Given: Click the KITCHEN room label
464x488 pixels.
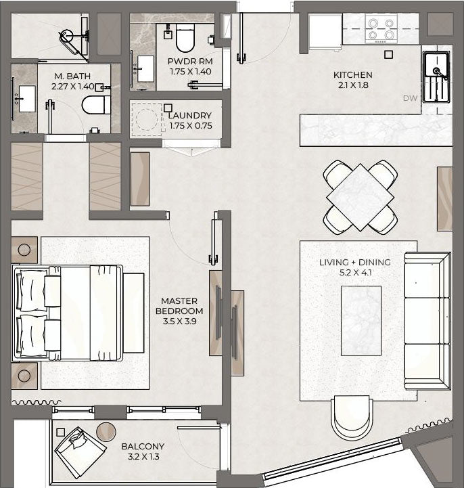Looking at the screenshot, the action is click(352, 74).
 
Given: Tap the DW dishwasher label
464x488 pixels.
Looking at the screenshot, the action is click(410, 98).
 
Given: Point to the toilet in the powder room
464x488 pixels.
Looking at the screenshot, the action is click(185, 38).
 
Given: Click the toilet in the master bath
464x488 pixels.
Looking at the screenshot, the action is click(96, 105).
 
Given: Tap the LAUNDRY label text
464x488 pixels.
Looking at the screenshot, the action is click(190, 116).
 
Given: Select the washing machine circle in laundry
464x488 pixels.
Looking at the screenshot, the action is click(147, 120).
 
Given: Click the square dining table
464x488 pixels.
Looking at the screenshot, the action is click(360, 198).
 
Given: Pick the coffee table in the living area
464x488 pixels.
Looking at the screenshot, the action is click(361, 321).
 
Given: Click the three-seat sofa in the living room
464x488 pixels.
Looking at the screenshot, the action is click(427, 321).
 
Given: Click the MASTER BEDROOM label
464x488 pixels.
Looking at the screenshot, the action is click(179, 306).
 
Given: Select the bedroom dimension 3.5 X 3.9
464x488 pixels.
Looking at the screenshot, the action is click(179, 321).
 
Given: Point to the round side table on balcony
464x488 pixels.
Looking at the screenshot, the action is click(106, 432).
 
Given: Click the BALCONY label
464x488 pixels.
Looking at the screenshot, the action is click(143, 446).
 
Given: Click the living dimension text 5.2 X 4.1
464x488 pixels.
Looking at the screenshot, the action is click(356, 273).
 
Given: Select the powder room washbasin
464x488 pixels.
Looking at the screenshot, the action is click(145, 69).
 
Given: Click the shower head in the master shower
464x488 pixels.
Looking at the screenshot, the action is click(66, 36).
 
